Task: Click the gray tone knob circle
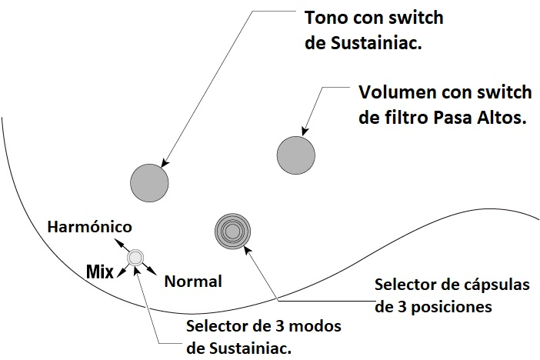(149, 182)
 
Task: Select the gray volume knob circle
(295, 154)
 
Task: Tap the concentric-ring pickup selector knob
(233, 230)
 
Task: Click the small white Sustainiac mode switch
(135, 258)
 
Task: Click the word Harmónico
(89, 227)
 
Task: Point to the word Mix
(99, 271)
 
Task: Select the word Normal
(193, 282)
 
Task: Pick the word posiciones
(449, 306)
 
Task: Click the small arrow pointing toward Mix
(120, 267)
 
